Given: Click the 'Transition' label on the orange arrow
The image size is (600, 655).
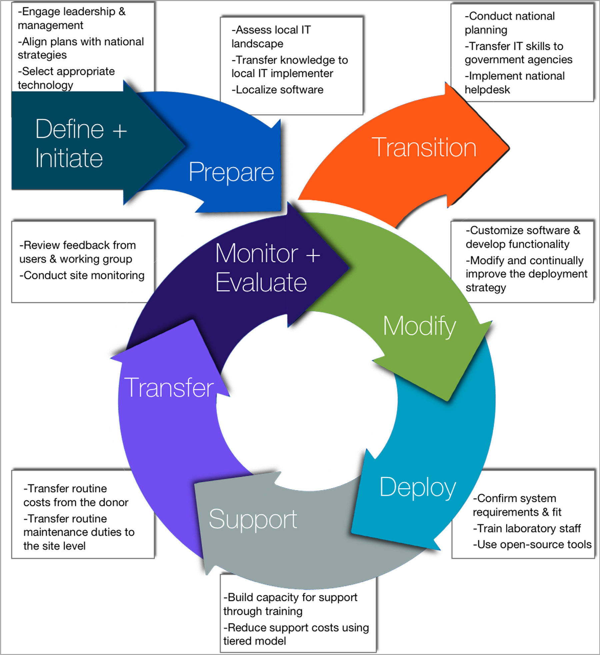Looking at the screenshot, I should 424,148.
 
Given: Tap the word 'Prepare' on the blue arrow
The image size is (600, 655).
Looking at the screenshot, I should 231,172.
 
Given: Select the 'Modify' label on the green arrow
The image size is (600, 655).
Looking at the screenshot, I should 419,326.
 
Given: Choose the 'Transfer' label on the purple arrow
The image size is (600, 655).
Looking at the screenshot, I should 169,388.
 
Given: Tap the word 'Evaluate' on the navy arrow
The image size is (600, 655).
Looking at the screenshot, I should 261,283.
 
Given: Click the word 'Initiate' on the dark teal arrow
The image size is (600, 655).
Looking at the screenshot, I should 69,158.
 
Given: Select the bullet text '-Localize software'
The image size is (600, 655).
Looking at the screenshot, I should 278,90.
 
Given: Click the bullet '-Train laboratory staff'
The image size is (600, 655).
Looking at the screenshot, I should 527,529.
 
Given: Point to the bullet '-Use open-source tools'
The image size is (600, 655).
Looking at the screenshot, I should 532,545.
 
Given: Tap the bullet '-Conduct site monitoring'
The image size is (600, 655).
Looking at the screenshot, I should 82,276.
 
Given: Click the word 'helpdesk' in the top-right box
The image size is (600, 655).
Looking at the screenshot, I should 487,90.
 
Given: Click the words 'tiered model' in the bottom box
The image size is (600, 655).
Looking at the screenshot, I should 255,641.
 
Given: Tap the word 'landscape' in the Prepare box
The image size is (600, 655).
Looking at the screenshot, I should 257,44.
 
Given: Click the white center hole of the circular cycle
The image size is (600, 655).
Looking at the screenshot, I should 307,400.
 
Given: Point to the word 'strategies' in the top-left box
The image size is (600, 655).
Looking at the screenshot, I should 42,55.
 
